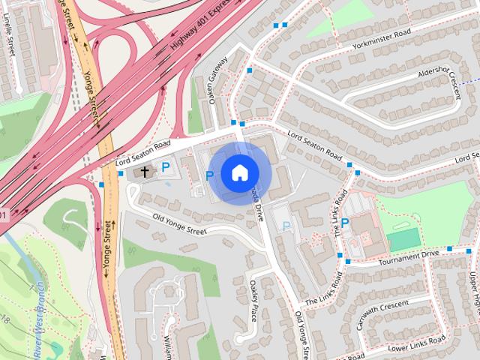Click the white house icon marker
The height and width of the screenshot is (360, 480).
coord(238,172)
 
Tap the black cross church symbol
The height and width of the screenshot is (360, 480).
coord(145,172)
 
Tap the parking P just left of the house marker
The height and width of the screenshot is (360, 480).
coord(210,176)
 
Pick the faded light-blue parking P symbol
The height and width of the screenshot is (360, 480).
coord(285,226)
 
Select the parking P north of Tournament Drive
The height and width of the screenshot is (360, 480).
coord(345,223)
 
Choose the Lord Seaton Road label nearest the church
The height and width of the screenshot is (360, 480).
coord(143,153)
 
